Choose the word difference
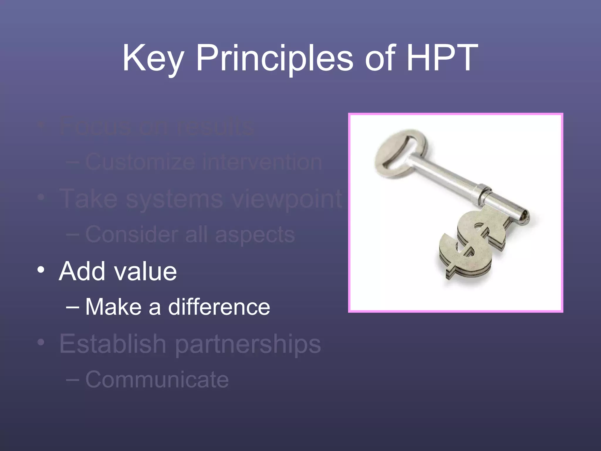pyautogui.click(x=219, y=307)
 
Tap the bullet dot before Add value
pyautogui.click(x=41, y=270)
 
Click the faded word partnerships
pyautogui.click(x=248, y=344)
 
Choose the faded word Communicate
pyautogui.click(x=157, y=379)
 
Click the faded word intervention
pyautogui.click(x=262, y=162)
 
